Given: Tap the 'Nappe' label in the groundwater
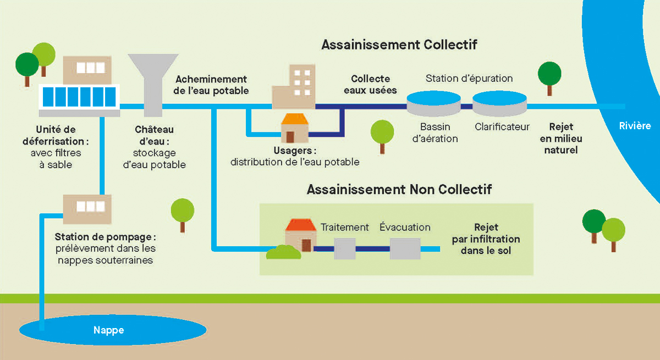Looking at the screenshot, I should [108, 330].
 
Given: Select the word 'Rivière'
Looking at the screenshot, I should [634, 126].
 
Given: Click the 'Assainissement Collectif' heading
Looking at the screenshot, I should [399, 45].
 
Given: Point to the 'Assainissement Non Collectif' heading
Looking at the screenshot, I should [399, 190].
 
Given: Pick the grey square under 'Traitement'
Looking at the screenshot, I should [345, 248].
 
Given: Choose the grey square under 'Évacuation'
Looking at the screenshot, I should [405, 248].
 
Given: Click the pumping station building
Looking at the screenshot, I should [87, 207].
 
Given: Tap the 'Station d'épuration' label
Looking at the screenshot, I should [469, 78].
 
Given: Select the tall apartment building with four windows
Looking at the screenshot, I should [294, 86].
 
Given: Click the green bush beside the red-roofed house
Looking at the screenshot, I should [284, 253].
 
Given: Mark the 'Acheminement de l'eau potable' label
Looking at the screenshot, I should [211, 85].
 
